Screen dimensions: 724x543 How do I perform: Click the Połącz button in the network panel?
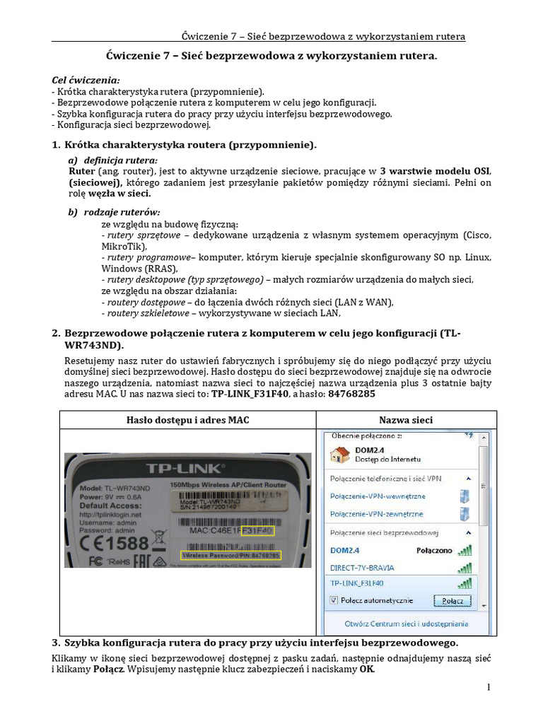(x=452, y=601)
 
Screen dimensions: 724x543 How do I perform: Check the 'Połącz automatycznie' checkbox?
(x=334, y=600)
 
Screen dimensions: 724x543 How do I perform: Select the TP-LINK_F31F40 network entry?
(x=357, y=583)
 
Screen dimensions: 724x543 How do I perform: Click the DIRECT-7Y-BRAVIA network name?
(x=362, y=567)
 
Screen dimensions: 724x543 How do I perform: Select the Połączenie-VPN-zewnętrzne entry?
(x=376, y=514)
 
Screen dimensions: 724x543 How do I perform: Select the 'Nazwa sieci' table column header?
(x=405, y=420)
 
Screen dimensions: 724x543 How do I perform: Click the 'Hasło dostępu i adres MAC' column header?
(x=187, y=420)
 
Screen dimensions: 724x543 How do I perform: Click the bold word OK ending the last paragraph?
(x=366, y=669)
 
